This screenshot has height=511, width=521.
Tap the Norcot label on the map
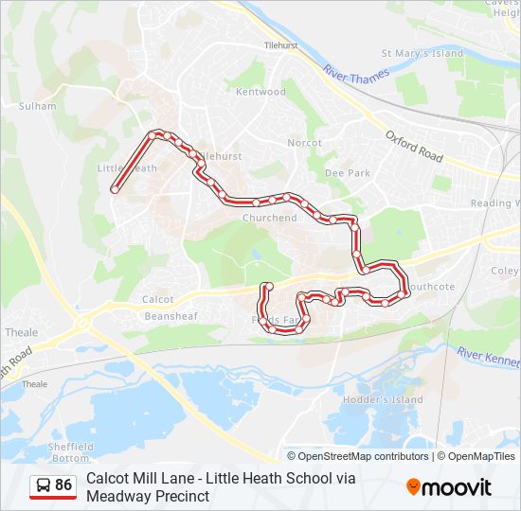(305, 143)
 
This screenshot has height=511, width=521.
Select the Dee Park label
(348, 173)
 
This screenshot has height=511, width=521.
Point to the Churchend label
(269, 218)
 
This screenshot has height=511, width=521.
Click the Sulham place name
(38, 107)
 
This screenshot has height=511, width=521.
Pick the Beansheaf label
(170, 316)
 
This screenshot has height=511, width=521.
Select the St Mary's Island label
(422, 54)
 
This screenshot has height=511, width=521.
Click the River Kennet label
(488, 358)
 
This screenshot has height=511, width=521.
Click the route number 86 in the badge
(63, 485)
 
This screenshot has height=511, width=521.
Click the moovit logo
(449, 487)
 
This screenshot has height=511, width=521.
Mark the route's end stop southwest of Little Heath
(115, 189)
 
